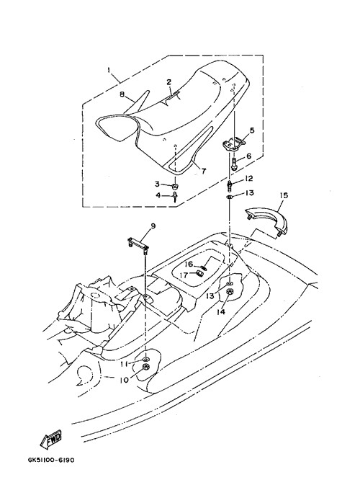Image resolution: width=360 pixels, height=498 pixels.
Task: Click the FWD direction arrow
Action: [50, 440]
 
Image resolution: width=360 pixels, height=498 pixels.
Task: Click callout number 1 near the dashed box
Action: [109, 68]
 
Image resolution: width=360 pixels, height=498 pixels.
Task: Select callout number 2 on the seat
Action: [169, 82]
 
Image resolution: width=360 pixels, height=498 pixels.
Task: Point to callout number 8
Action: [122, 94]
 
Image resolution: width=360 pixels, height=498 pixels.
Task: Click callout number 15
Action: [284, 195]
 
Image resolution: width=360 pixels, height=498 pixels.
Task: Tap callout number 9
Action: [153, 226]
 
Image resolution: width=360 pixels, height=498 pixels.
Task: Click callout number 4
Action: [158, 195]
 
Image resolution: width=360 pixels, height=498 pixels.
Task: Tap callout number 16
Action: [189, 264]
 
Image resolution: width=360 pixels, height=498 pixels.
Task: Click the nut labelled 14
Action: [230, 291]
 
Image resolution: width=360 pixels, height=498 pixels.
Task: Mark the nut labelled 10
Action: [146, 368]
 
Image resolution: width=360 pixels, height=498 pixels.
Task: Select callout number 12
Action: [248, 179]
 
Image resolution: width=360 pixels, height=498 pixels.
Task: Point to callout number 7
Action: [202, 172]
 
